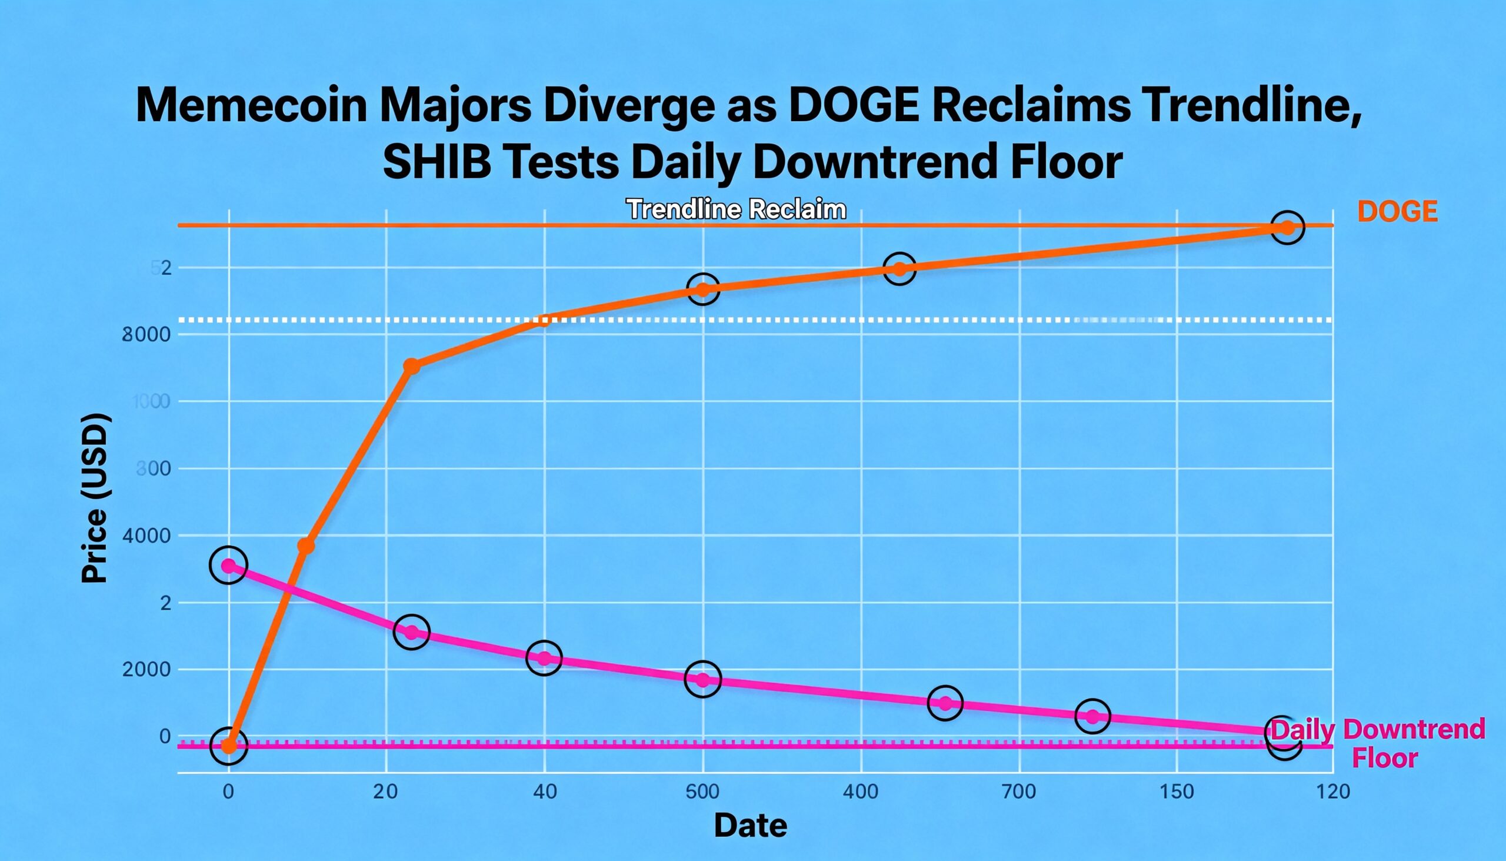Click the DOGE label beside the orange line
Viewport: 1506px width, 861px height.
[x=1397, y=212]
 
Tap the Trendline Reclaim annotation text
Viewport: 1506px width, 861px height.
[x=736, y=210]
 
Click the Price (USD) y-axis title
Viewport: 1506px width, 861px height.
[x=95, y=498]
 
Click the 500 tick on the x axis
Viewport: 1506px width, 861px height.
[x=702, y=791]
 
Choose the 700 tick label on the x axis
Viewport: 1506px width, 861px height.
[x=1019, y=791]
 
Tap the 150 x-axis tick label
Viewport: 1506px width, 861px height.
[x=1177, y=791]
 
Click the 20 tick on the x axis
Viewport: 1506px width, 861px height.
[x=385, y=791]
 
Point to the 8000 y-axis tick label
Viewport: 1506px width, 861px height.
[x=146, y=335]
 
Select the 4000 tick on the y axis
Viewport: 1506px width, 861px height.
[x=146, y=536]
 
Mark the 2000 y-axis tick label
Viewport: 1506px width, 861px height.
[x=146, y=670]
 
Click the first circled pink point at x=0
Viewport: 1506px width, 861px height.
[x=229, y=566]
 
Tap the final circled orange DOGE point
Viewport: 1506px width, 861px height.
[x=1287, y=228]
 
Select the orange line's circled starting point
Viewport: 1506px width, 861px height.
[x=229, y=746]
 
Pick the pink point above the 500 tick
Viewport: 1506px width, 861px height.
[x=703, y=680]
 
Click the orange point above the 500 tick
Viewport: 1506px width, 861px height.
[x=703, y=289]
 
